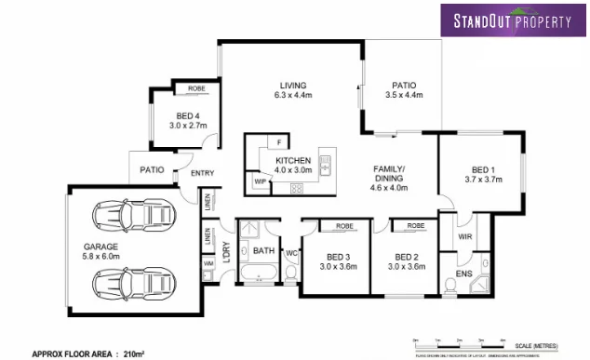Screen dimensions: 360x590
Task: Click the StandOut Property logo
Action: coord(513,20)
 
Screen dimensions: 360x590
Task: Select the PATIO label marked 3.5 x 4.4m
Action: coord(404,85)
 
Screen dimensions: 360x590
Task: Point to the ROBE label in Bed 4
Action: coord(196,89)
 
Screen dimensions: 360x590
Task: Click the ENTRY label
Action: coord(202,173)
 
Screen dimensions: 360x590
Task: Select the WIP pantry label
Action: coord(260,181)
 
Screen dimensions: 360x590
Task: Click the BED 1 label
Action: coord(483,170)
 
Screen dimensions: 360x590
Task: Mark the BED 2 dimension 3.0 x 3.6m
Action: coord(409,266)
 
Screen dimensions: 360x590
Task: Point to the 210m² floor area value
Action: coord(135,353)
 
